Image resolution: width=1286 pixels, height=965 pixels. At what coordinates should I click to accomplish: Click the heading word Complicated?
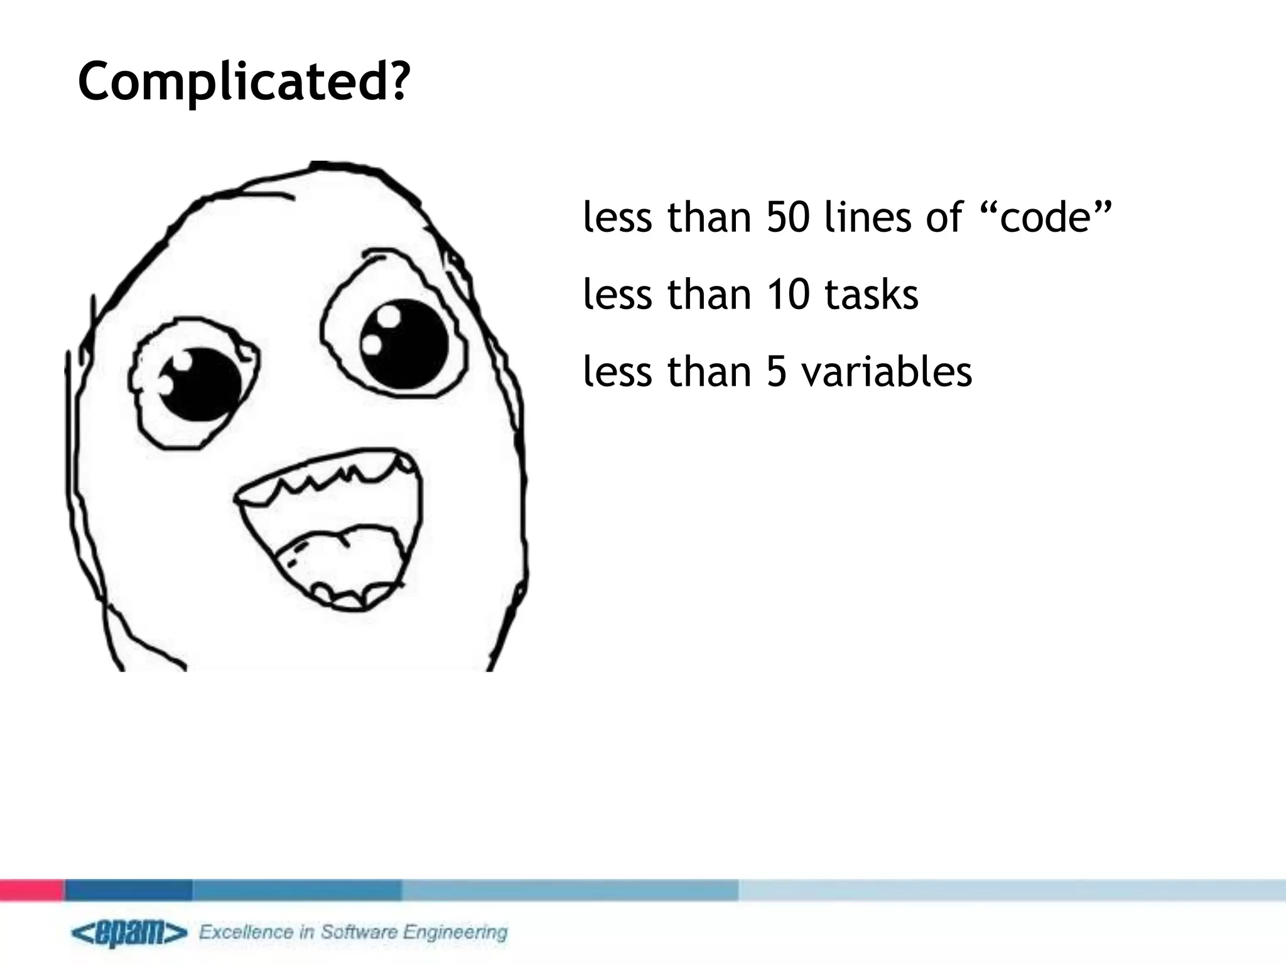(244, 82)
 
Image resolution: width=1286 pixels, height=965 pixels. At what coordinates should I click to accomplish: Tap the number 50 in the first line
(788, 217)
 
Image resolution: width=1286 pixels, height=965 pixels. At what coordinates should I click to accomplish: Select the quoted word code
(1046, 217)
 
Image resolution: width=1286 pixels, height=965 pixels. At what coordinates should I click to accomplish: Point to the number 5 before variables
(777, 371)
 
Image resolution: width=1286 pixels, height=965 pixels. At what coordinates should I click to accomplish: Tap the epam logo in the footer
(129, 932)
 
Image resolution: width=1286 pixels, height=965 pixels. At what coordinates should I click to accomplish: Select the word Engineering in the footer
(455, 932)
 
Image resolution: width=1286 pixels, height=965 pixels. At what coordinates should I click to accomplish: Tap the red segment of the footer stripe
(31, 890)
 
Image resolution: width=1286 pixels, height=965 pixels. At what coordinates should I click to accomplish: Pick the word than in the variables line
(709, 371)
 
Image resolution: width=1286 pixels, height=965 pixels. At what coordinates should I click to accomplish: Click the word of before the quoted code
(944, 217)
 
